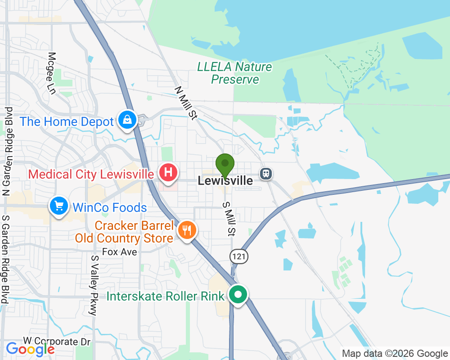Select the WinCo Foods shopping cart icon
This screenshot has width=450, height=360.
(59, 206)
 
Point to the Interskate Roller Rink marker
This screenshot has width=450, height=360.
(238, 295)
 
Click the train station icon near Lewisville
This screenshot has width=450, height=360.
(266, 173)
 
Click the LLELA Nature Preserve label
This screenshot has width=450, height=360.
(235, 73)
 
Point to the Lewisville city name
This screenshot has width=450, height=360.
(225, 181)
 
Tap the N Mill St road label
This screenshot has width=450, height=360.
(186, 103)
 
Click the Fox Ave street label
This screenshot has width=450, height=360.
(119, 252)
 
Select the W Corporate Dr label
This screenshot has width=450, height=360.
(57, 342)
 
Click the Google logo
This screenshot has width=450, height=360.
(30, 349)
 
